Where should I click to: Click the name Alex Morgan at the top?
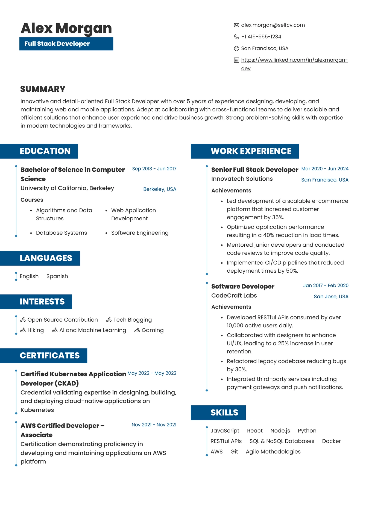point(66,28)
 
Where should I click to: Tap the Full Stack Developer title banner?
point(66,44)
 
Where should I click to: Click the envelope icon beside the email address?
point(236,25)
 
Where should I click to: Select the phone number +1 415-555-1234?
point(261,37)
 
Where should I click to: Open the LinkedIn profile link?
point(294,60)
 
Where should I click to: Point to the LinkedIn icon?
point(236,60)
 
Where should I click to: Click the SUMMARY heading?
point(43,89)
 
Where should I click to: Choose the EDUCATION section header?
point(45,151)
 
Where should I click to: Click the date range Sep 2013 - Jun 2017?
point(154,169)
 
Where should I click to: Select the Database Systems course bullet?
point(61,233)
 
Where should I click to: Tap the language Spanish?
point(57,276)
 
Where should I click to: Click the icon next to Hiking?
point(23,330)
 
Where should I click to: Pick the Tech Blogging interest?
point(132,320)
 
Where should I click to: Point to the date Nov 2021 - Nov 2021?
point(154,425)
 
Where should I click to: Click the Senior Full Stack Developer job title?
point(254,170)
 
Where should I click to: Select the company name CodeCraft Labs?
point(234,296)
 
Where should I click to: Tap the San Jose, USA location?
point(331,296)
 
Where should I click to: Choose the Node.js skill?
point(280,431)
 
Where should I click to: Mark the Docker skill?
point(331,441)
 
